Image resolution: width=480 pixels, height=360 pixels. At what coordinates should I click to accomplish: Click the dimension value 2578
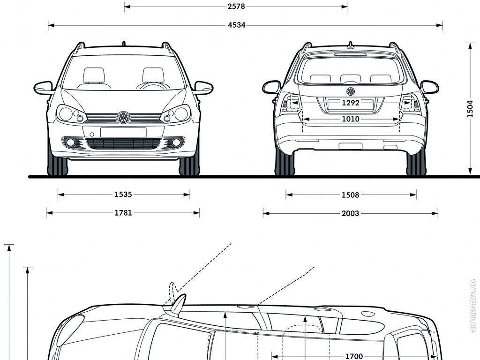pyautogui.click(x=236, y=7)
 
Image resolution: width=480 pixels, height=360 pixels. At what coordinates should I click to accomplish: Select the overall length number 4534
pyautogui.click(x=236, y=25)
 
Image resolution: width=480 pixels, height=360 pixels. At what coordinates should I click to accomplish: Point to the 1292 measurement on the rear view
pyautogui.click(x=350, y=103)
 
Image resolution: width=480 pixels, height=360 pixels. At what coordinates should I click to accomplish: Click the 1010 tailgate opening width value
pyautogui.click(x=350, y=119)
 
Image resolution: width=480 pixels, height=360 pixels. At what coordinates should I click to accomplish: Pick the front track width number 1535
pyautogui.click(x=123, y=194)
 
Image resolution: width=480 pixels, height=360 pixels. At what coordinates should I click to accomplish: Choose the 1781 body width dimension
pyautogui.click(x=123, y=213)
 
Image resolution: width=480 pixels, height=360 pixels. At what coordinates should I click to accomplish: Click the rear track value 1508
pyautogui.click(x=350, y=195)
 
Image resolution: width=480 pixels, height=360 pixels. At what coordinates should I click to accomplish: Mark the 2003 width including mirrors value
pyautogui.click(x=350, y=213)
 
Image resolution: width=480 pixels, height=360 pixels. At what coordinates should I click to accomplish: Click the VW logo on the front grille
pyautogui.click(x=123, y=118)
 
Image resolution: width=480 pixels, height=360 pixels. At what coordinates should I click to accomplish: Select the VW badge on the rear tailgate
pyautogui.click(x=351, y=91)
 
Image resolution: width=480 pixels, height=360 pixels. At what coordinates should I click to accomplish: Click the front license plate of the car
pyautogui.click(x=123, y=132)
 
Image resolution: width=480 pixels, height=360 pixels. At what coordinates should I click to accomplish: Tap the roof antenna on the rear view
pyautogui.click(x=350, y=45)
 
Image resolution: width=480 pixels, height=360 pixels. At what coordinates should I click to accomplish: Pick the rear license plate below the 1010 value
pyautogui.click(x=350, y=146)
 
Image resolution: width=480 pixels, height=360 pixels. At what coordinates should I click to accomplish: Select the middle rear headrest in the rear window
pyautogui.click(x=350, y=79)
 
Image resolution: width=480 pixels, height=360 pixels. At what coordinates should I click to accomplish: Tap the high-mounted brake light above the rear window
pyautogui.click(x=350, y=54)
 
